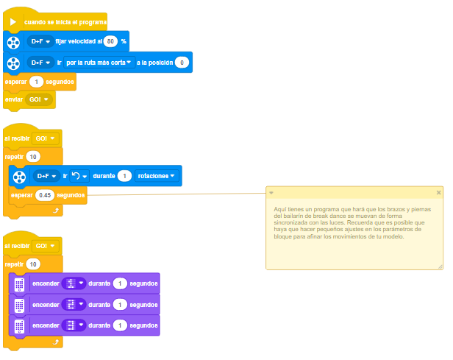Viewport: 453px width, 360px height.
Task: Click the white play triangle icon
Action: point(13,22)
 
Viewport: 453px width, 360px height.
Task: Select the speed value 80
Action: point(110,41)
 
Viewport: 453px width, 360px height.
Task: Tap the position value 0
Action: point(182,63)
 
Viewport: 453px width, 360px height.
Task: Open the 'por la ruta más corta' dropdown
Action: point(99,63)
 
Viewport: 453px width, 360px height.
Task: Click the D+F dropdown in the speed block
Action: point(40,41)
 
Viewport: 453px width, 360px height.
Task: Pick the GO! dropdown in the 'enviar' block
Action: point(39,99)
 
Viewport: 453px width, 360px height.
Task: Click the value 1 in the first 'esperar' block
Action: point(37,82)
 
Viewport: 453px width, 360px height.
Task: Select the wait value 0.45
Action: point(45,195)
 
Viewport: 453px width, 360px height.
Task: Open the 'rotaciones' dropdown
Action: point(157,176)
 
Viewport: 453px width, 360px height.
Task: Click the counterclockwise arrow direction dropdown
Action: point(79,176)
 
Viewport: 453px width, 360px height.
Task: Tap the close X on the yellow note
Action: point(438,193)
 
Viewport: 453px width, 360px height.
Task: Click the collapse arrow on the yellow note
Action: point(271,193)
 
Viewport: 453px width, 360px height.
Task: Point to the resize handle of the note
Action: point(440,267)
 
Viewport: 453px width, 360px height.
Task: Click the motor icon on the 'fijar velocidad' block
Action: point(13,43)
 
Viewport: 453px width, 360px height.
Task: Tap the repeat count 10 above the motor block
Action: point(33,157)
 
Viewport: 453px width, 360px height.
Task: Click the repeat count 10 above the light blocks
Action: point(33,264)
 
